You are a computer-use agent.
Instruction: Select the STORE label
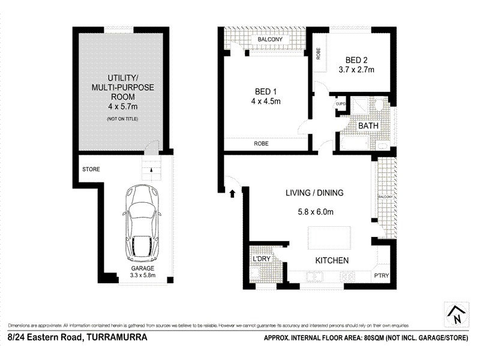coord(91,170)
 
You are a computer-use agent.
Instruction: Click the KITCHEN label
coord(332,260)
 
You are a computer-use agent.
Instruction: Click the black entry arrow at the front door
coord(232,193)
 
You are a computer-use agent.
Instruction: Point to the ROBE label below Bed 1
coord(261,144)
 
